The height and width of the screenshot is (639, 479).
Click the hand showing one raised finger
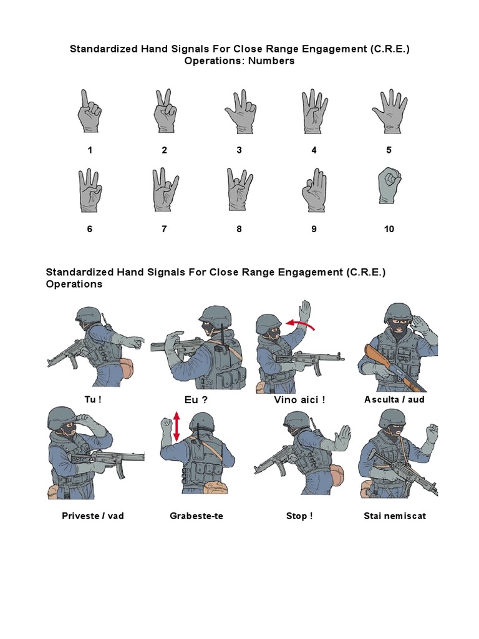click(x=89, y=111)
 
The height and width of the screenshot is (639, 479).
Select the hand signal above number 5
click(x=390, y=111)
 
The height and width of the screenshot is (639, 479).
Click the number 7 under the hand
click(x=164, y=229)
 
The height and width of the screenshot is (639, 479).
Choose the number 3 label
click(x=239, y=150)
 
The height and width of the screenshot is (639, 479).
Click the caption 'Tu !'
click(x=93, y=399)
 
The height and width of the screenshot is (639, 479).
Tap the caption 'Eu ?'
click(x=196, y=400)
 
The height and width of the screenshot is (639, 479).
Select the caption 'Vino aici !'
click(x=299, y=400)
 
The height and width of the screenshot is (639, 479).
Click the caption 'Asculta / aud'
click(x=394, y=399)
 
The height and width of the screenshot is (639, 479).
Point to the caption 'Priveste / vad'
click(x=93, y=516)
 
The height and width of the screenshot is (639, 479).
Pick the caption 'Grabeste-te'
click(x=196, y=516)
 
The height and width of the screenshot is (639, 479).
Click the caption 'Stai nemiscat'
click(x=395, y=516)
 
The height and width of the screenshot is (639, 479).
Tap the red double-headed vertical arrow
click(x=177, y=426)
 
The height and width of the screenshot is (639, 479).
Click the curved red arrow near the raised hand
click(x=300, y=324)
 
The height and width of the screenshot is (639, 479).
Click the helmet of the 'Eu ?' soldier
click(x=215, y=316)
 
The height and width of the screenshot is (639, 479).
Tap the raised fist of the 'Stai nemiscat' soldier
click(x=432, y=432)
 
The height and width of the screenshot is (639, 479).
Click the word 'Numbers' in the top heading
click(x=271, y=61)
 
